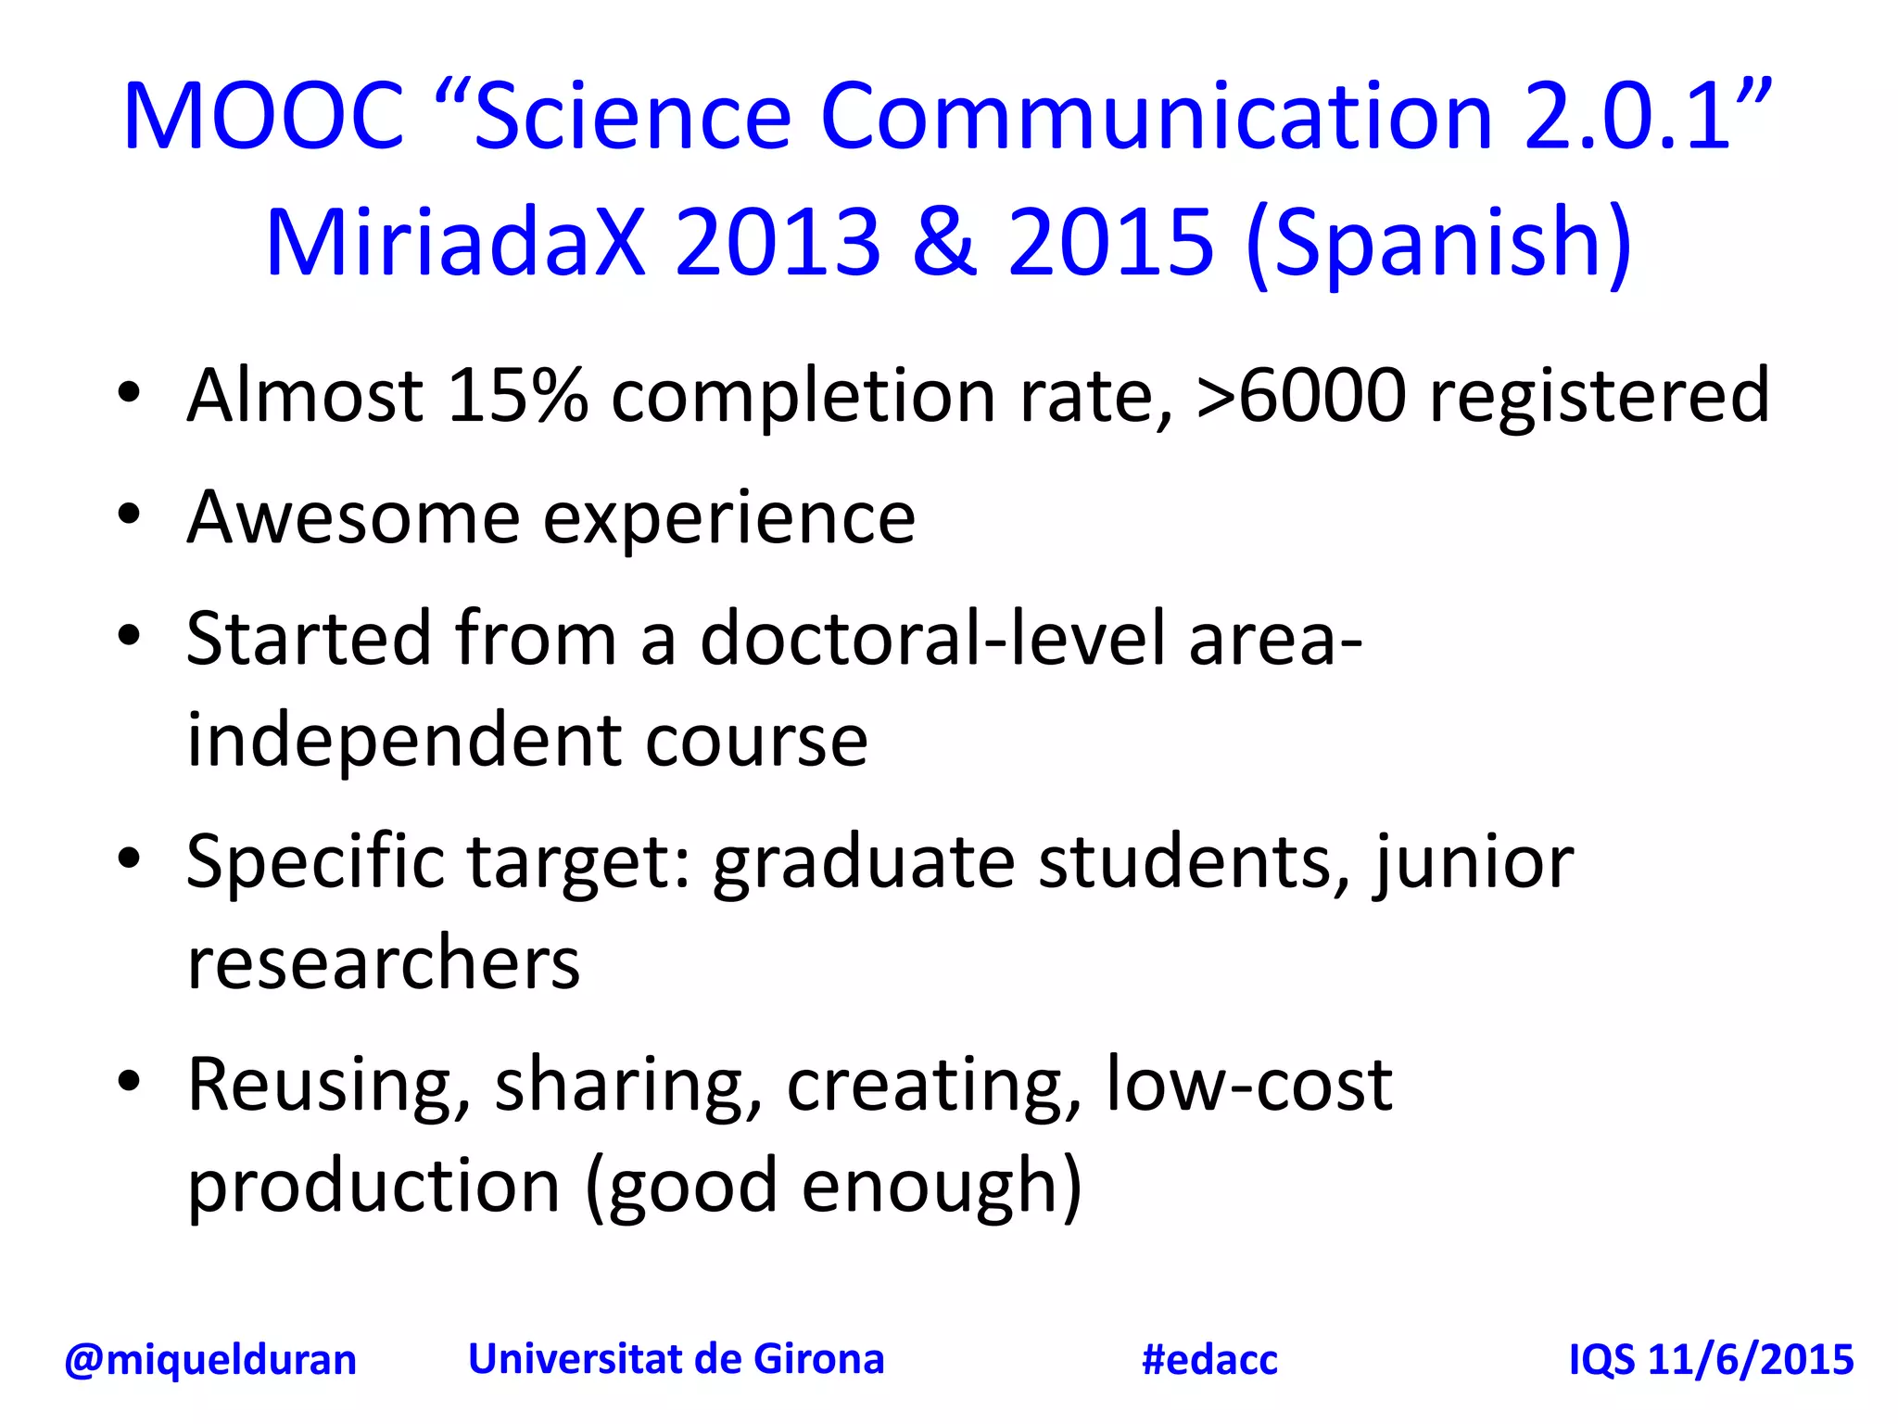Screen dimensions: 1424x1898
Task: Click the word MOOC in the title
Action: tap(263, 117)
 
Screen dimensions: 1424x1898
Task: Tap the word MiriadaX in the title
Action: tap(454, 243)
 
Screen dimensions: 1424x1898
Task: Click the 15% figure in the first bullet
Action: tap(517, 397)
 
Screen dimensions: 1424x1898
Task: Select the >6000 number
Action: tap(1301, 397)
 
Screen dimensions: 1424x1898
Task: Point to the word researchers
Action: tap(383, 964)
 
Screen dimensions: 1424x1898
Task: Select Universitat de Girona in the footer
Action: tap(676, 1360)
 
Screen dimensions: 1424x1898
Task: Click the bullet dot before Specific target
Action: tap(129, 858)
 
